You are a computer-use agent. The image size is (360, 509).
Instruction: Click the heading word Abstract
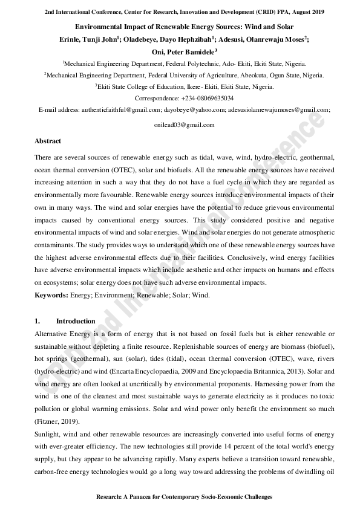point(48,141)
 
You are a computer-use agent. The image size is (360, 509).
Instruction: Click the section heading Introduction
point(76,321)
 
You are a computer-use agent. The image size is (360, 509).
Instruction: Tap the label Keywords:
point(51,295)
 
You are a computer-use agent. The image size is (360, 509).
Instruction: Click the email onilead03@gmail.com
point(185,125)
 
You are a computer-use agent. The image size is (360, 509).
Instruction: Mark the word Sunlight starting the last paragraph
point(47,434)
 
